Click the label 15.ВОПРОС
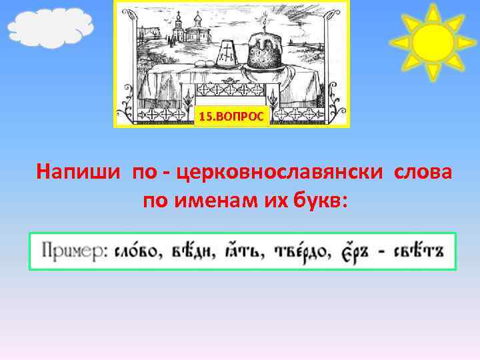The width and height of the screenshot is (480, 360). tap(231, 117)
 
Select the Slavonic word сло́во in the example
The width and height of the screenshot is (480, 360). tap(135, 251)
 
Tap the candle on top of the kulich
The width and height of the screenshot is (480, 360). tap(265, 25)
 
